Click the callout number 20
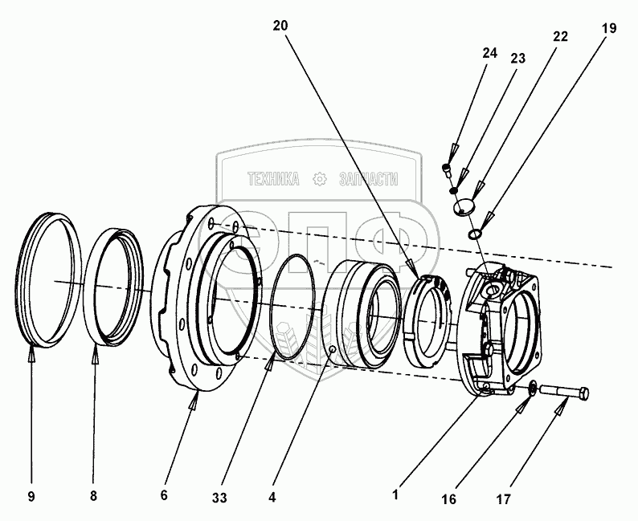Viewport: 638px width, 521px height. [x=279, y=26]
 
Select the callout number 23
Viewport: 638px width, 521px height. [x=518, y=58]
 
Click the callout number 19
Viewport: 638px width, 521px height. [x=608, y=28]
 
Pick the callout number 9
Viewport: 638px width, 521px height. [x=31, y=496]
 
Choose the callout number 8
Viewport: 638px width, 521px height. [x=93, y=496]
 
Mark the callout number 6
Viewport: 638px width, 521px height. [x=164, y=496]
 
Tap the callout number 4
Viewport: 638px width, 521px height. [x=272, y=496]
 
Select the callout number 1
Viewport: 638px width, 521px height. [x=395, y=496]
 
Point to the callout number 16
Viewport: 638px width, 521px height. [x=451, y=499]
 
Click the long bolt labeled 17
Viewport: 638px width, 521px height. [x=566, y=393]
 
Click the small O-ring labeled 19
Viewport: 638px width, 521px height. [x=475, y=234]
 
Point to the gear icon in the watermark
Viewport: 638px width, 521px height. [x=320, y=178]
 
